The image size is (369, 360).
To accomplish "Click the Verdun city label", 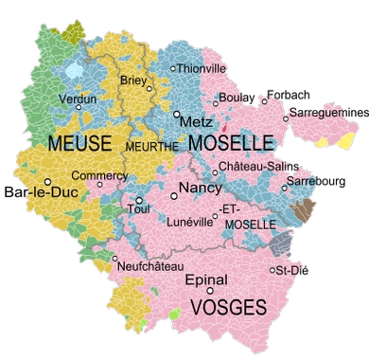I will tap(78, 98).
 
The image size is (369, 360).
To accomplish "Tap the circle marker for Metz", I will tap(177, 114).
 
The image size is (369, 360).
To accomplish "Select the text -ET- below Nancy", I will tap(228, 207).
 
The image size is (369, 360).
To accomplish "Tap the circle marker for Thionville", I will tap(172, 68).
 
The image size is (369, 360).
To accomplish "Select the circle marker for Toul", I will tap(139, 201).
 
